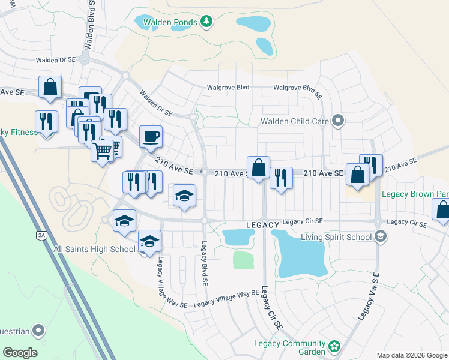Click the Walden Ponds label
170,23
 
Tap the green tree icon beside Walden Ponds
206,22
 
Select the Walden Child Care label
294,122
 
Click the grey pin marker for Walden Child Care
337,121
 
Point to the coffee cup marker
151,137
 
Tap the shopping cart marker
103,149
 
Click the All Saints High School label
94,249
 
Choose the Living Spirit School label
327,236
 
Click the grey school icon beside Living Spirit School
379,236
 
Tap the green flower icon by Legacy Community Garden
334,347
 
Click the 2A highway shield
41,235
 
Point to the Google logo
20,352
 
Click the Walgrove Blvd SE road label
298,88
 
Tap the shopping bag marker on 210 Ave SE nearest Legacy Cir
259,167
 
